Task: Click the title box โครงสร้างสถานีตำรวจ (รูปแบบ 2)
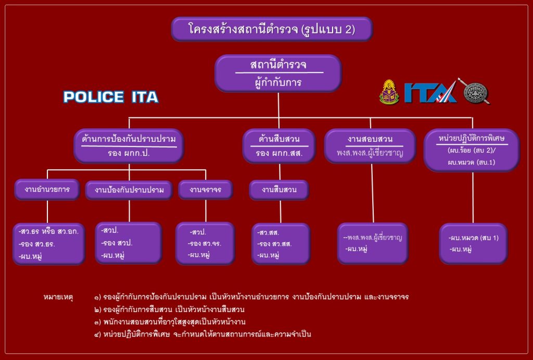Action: [x=272, y=29]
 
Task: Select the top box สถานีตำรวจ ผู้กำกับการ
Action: [x=278, y=73]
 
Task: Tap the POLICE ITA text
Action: [x=110, y=97]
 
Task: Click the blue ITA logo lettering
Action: [x=430, y=93]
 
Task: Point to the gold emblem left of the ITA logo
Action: [x=389, y=92]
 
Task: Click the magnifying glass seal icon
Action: [x=475, y=92]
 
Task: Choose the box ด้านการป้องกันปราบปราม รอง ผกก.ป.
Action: [x=129, y=146]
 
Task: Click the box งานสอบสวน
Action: [x=370, y=146]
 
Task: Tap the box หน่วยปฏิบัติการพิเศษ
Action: [x=472, y=150]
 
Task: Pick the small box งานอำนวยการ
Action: [x=48, y=190]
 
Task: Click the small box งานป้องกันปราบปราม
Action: [x=129, y=190]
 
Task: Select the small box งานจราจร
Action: [x=206, y=190]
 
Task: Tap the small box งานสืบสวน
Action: [x=279, y=190]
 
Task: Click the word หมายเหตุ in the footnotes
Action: [x=58, y=297]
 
